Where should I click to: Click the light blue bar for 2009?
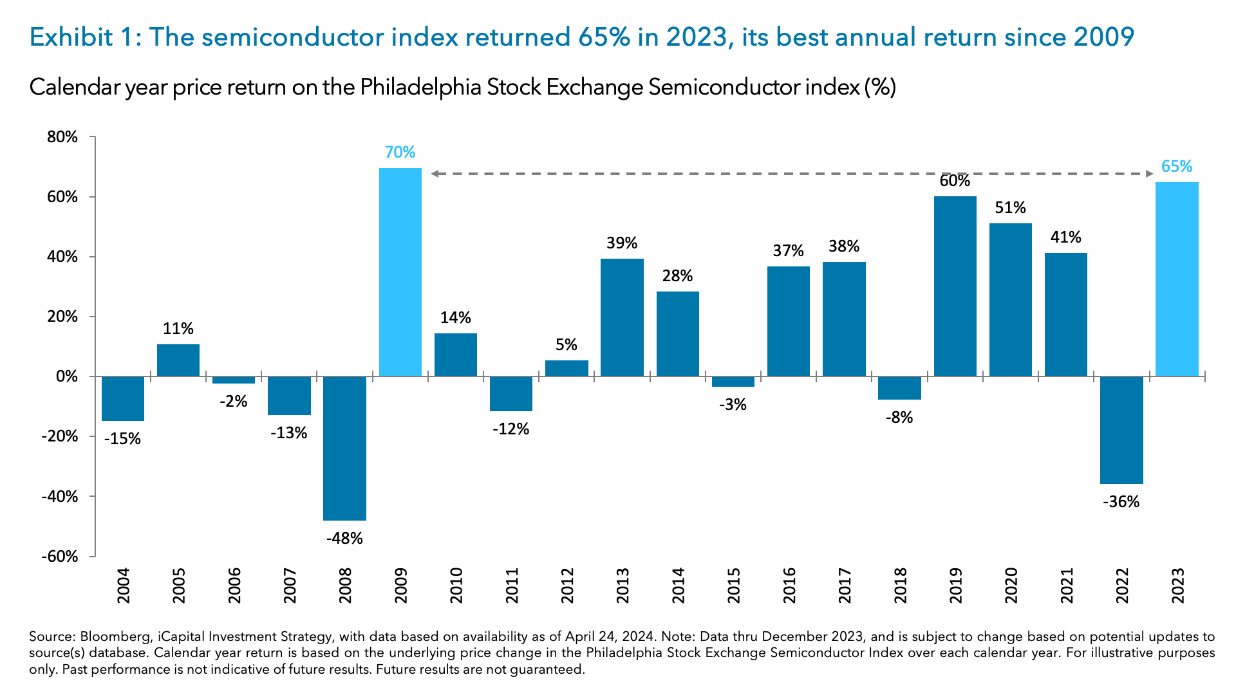pos(400,272)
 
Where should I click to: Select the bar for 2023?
pos(1177,279)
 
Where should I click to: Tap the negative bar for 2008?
pos(344,448)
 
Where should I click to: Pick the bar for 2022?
pos(1121,429)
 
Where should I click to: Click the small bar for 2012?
pos(566,368)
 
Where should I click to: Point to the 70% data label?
pos(400,153)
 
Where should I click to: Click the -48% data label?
pos(344,539)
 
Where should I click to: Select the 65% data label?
pos(1177,167)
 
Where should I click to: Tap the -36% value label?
pos(1121,502)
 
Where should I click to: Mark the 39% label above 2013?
pos(622,243)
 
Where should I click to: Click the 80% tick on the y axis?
pos(62,137)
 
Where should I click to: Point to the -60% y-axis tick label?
pos(60,557)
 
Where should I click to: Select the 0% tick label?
pos(66,376)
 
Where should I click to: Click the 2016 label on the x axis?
pos(789,585)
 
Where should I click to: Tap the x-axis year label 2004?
pos(123,585)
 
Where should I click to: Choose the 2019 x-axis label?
pos(955,585)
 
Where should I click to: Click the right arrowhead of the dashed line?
pos(1150,174)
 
